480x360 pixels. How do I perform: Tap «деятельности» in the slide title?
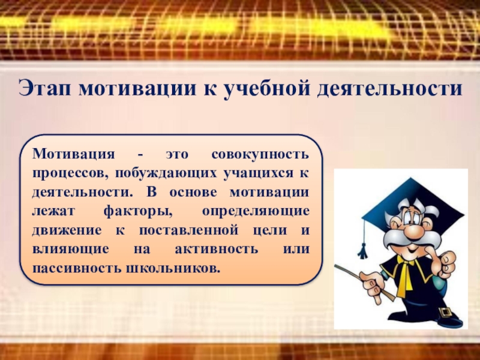pos(389,88)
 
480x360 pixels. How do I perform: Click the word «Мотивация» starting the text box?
pos(73,154)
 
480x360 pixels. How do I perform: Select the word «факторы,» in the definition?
pos(138,212)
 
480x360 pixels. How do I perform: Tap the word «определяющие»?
pos(256,212)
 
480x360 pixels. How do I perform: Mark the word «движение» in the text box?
pos(67,230)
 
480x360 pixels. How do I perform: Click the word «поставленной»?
pos(188,230)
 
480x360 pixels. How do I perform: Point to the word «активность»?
pos(217,249)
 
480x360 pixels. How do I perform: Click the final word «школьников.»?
pos(173,268)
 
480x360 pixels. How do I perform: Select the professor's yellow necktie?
pos(406,275)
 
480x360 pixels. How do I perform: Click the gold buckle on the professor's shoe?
pos(446,312)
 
